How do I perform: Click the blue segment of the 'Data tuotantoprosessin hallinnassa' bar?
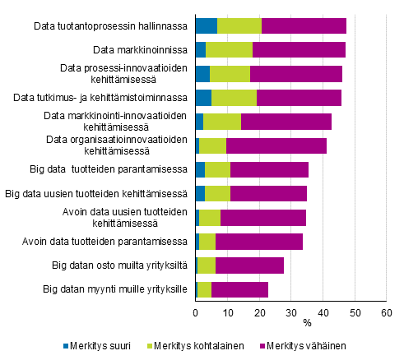click(x=207, y=25)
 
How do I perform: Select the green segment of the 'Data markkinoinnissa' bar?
click(x=230, y=49)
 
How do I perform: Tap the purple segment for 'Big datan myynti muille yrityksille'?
click(x=239, y=289)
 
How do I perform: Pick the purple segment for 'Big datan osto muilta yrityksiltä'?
click(x=249, y=265)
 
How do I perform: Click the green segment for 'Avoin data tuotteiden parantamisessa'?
click(x=207, y=242)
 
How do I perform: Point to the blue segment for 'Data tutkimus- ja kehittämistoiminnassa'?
click(x=203, y=98)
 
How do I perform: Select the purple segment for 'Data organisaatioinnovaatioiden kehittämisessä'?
click(x=276, y=145)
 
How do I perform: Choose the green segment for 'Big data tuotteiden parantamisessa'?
click(x=217, y=169)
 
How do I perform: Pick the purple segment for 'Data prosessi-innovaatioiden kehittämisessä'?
click(x=296, y=73)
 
